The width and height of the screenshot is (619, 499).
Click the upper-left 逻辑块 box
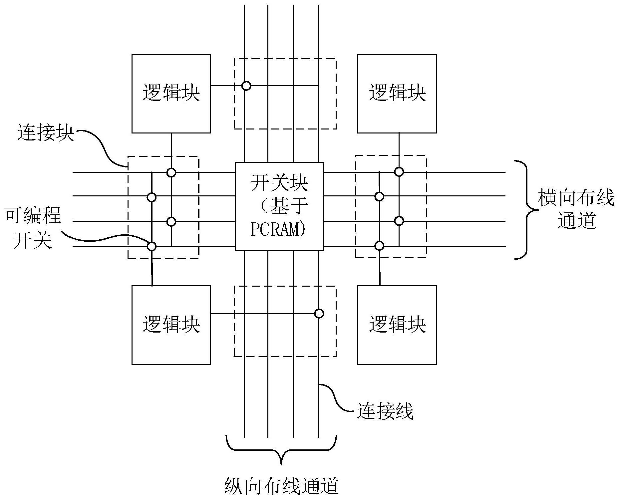tap(171, 94)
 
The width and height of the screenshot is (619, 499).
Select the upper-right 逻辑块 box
tap(397, 94)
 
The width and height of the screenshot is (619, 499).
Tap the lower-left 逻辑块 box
tap(171, 325)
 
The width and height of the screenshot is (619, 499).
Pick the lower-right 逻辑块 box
tap(397, 325)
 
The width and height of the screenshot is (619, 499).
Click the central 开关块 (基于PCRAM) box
tap(279, 206)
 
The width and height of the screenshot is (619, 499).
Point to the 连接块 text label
tap(46, 133)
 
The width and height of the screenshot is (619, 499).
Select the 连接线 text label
tap(385, 411)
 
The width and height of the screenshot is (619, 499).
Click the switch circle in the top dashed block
tap(246, 86)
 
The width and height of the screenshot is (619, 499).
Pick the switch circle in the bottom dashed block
tap(319, 313)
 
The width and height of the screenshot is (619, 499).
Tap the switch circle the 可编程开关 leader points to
tap(152, 246)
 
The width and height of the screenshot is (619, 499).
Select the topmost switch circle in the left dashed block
tap(171, 172)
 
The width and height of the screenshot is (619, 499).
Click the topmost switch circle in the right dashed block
tap(399, 172)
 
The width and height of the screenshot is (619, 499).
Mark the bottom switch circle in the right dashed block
tap(379, 246)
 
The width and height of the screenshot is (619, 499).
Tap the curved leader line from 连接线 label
tap(335, 398)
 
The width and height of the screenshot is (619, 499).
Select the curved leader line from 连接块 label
tap(103, 146)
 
